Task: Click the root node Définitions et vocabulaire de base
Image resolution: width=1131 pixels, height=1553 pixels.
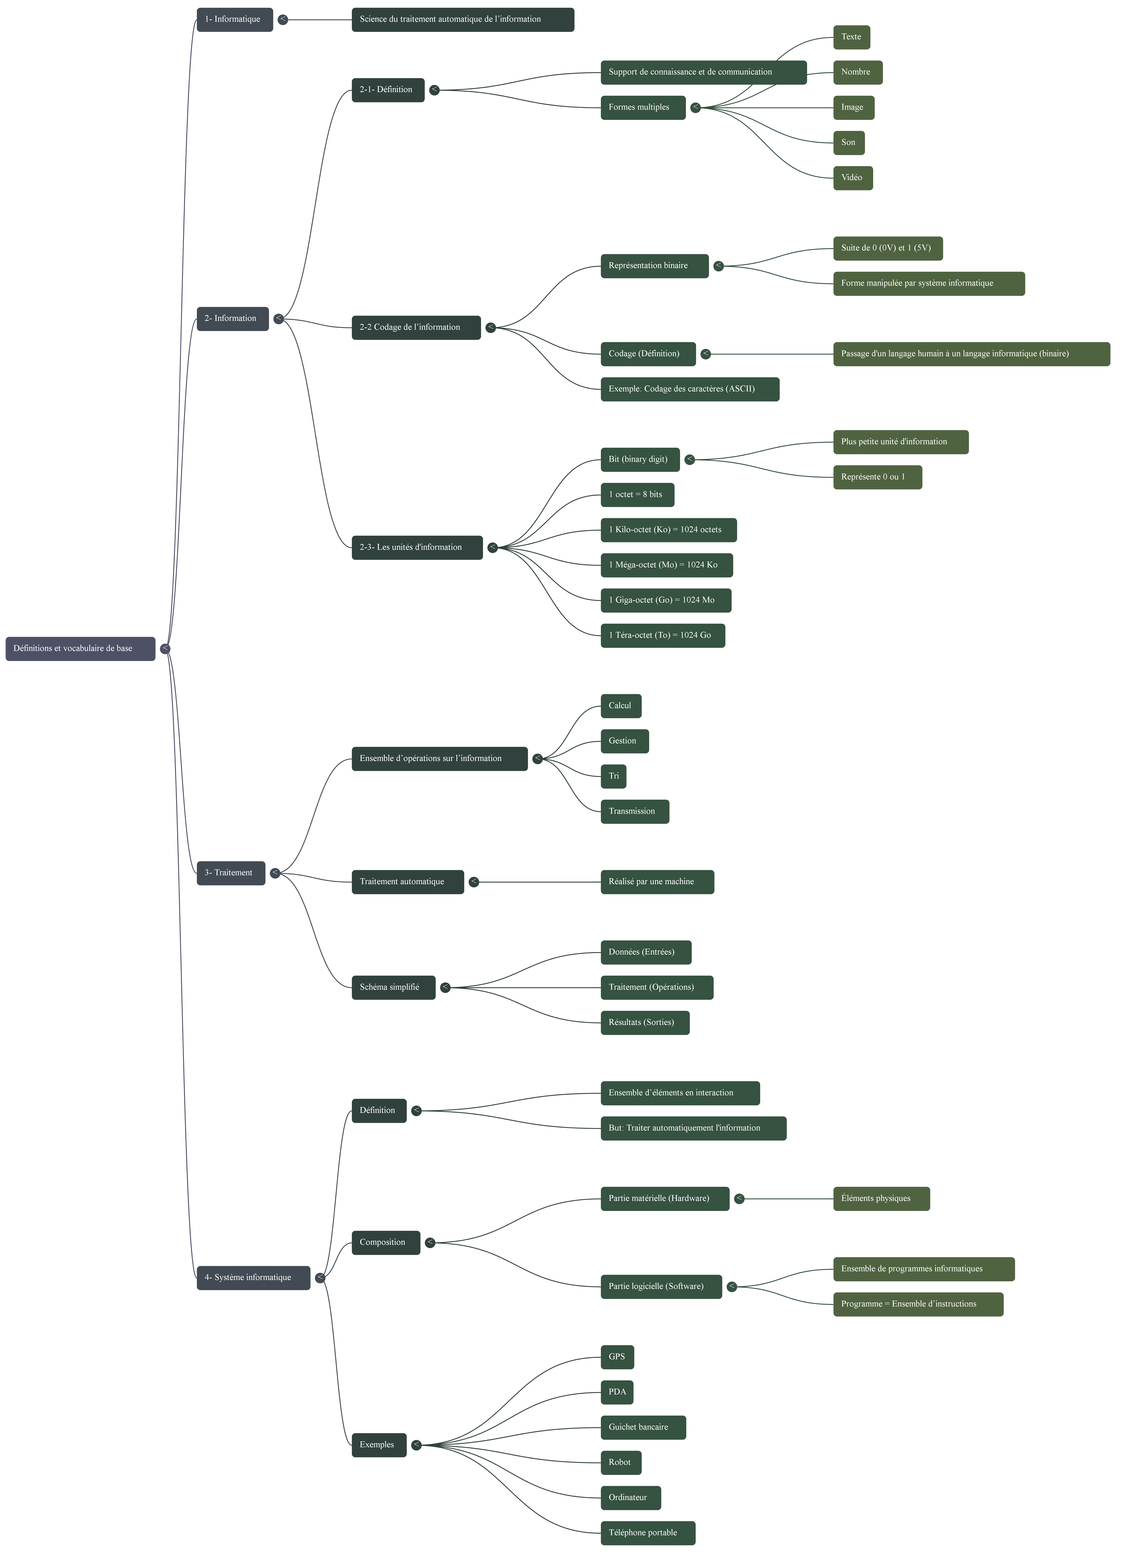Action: coord(80,648)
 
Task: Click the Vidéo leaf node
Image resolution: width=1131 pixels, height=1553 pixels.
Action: coord(852,178)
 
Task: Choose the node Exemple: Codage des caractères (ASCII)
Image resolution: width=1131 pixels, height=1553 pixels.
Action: coord(689,389)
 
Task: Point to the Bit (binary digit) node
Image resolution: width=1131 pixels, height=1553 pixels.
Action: coord(640,459)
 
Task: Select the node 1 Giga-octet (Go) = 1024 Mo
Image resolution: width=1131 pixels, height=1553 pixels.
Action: coord(665,600)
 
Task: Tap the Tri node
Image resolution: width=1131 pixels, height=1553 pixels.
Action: coord(613,776)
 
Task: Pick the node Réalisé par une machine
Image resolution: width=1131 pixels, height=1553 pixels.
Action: coord(657,882)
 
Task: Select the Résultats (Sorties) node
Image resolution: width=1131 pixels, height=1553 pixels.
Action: coord(644,1023)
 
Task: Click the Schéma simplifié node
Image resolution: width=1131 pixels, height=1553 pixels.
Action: coord(393,987)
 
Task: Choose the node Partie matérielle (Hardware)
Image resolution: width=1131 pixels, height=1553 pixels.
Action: coord(664,1199)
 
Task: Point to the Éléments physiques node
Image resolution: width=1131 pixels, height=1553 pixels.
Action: coord(881,1199)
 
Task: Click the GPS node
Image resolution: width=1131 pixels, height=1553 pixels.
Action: coord(617,1357)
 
